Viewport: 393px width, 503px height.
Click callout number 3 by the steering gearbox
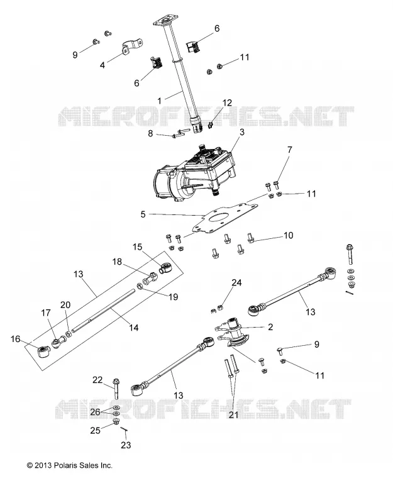tap(242, 132)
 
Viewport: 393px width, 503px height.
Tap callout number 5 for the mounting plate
tap(143, 214)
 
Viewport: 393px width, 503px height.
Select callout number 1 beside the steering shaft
tap(160, 101)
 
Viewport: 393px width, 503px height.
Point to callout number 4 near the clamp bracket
tap(102, 65)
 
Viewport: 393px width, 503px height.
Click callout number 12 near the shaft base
tap(227, 102)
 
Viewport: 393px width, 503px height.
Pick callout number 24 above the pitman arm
tap(237, 282)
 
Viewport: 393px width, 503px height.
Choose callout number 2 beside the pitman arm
tap(270, 327)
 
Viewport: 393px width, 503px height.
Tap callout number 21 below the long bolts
tap(233, 415)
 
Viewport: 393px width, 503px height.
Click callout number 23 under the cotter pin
tap(126, 445)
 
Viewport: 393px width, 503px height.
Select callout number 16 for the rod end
tap(15, 339)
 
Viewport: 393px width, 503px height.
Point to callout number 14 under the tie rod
tap(134, 328)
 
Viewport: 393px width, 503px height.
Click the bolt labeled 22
tap(116, 389)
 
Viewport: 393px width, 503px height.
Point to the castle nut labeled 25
tap(116, 421)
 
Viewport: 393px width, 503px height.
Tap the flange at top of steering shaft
tap(165, 23)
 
